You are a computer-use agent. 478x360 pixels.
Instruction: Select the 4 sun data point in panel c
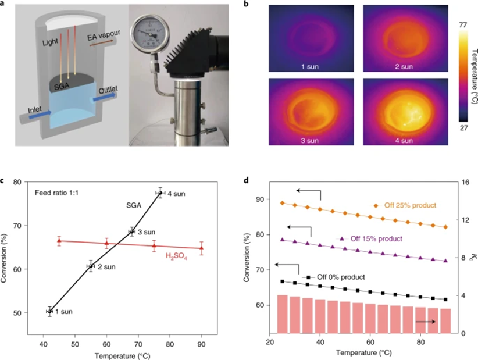click(160, 193)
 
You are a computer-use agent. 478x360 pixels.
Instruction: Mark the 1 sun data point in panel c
click(49, 312)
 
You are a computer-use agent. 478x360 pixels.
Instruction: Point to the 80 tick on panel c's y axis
click(19, 182)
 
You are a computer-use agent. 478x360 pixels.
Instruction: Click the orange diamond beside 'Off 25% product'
click(376, 205)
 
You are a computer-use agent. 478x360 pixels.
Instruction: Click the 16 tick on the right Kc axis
click(466, 182)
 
